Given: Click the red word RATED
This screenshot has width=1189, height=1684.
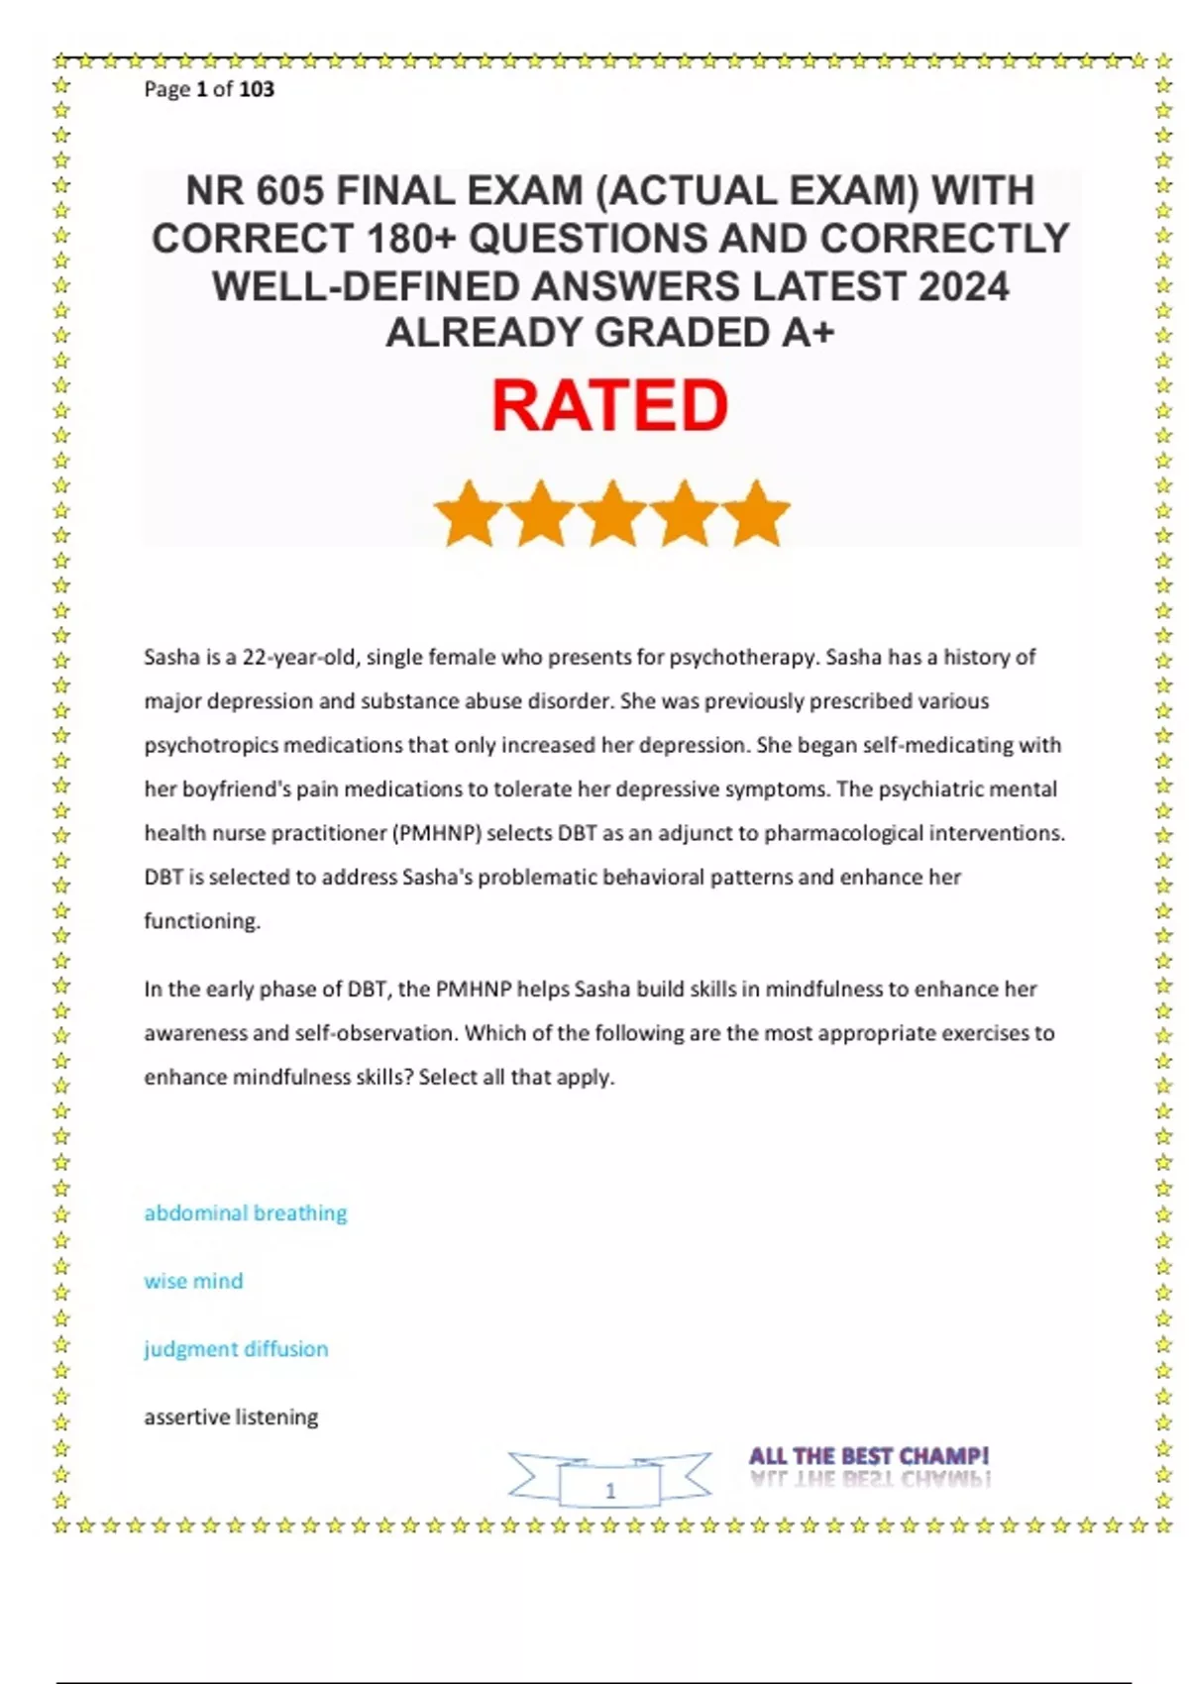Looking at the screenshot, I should pos(609,406).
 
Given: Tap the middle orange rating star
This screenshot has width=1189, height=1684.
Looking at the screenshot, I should pos(612,513).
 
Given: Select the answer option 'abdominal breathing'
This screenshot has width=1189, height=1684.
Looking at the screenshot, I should pos(246,1212).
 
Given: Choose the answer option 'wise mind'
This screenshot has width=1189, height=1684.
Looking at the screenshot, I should pos(193,1281).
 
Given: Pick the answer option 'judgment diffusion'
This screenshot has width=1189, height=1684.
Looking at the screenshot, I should pos(236,1348).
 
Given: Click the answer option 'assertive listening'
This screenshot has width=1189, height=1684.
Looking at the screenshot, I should pos(231,1417).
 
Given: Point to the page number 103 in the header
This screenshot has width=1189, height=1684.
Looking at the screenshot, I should pos(257,89).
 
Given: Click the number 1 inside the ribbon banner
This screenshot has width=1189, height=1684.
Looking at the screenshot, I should pos(610,1490).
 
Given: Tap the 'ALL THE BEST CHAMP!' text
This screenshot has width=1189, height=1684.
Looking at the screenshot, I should pos(869,1456).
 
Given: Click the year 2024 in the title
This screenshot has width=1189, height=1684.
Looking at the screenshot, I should pos(963,286).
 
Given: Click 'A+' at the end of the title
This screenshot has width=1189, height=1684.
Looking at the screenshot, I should pos(808,333).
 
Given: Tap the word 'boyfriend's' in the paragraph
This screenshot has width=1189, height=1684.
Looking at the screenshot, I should pos(217,789).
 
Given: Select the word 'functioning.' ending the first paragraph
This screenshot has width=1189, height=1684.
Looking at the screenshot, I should pos(202,921).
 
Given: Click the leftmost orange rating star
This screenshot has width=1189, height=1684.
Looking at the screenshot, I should pos(469,513).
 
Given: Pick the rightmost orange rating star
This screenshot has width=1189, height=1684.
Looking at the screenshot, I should pos(756,513).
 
